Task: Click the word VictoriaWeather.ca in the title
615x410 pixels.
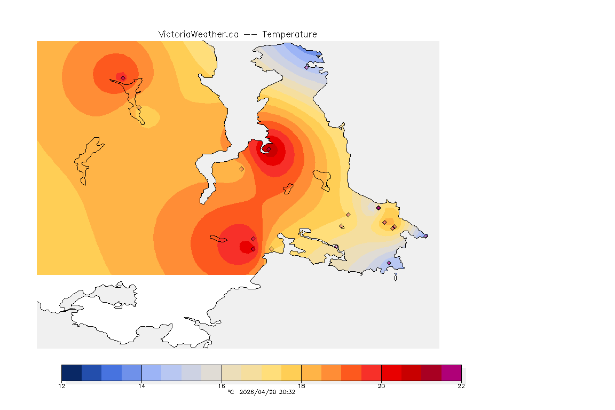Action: [198, 34]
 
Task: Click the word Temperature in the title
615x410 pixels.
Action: [289, 34]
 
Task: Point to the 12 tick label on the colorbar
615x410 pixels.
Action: [62, 386]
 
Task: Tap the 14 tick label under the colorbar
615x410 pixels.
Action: [141, 386]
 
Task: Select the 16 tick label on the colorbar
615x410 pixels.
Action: [222, 386]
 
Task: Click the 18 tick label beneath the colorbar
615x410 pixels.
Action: [302, 386]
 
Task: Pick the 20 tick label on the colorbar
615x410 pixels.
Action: [381, 386]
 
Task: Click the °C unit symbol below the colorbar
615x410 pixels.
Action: [231, 392]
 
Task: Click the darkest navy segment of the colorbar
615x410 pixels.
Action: [72, 373]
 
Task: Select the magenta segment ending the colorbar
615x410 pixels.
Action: [451, 373]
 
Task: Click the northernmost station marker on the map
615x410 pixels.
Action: [306, 67]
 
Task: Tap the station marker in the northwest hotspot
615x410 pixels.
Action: [123, 78]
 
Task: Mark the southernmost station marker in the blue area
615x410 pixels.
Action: [389, 263]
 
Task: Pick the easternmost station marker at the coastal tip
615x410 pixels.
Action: [425, 235]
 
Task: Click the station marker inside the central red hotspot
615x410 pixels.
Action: [269, 149]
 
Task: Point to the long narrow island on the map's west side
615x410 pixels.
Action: [88, 160]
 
